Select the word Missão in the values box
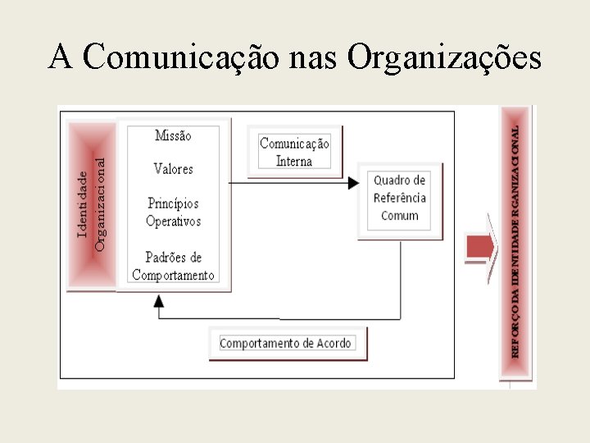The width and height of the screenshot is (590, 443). [x=173, y=135]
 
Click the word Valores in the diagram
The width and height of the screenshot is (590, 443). [x=173, y=169]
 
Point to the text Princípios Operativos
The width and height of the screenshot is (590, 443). [x=173, y=212]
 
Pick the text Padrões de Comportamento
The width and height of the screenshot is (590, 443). [x=173, y=267]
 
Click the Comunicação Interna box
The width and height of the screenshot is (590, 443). [x=294, y=152]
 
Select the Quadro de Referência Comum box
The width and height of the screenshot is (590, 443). [x=400, y=198]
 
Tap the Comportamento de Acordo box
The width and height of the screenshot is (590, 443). [x=287, y=344]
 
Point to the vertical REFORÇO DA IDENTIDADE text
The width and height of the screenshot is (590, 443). [x=515, y=242]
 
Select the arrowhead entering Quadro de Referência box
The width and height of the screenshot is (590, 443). [x=354, y=182]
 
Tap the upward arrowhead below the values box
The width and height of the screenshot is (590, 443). [x=159, y=299]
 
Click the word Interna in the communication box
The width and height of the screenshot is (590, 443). [x=294, y=161]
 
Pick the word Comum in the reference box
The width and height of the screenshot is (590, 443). [x=400, y=216]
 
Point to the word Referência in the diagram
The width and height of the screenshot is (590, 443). [x=400, y=198]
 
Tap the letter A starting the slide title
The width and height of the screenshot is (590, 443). [x=60, y=57]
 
